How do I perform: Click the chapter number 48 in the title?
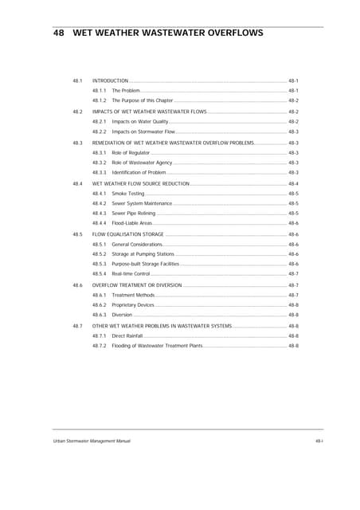click(57, 34)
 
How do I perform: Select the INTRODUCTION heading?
click(110, 81)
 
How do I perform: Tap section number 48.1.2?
click(100, 101)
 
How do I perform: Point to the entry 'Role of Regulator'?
click(131, 152)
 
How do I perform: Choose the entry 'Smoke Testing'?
click(128, 194)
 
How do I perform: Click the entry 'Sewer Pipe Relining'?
click(134, 214)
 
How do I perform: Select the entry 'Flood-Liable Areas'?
click(132, 224)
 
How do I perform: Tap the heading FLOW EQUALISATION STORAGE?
click(128, 234)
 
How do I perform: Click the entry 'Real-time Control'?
click(131, 273)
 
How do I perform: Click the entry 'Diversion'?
click(122, 315)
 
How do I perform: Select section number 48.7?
click(78, 326)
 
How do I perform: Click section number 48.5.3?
click(100, 264)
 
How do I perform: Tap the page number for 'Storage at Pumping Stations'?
click(293, 254)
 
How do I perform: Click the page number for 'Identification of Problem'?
click(293, 172)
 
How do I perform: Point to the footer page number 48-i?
click(319, 441)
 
